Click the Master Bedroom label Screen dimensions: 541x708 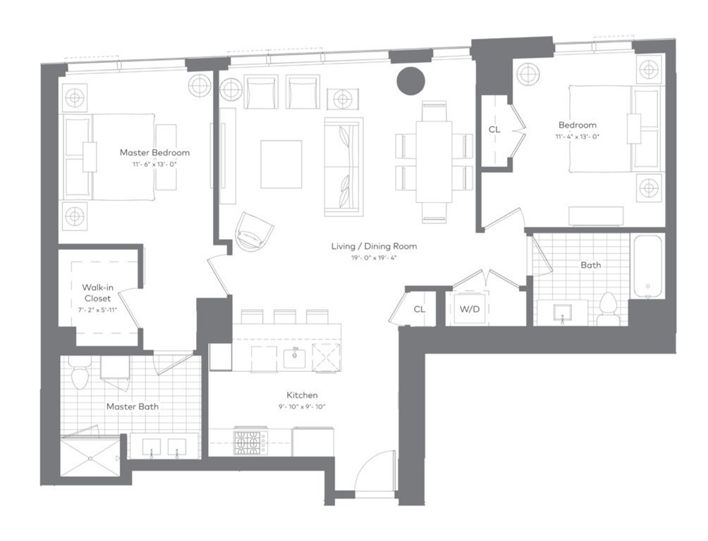point(154,152)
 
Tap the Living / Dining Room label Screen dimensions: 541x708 point(374,247)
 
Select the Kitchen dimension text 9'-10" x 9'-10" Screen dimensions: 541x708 point(301,406)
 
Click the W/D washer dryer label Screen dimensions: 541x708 point(469,309)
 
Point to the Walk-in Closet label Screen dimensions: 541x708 point(97,293)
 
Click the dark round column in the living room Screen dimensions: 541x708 point(410,80)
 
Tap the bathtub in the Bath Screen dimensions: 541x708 point(647,266)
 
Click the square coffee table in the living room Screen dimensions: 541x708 point(281,164)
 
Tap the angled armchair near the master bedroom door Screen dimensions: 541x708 point(254,230)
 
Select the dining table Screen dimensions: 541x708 point(434,161)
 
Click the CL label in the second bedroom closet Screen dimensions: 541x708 point(495,130)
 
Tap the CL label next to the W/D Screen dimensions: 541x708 point(420,309)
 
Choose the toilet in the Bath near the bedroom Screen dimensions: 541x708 point(607,309)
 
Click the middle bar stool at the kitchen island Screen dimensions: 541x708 point(285,316)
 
